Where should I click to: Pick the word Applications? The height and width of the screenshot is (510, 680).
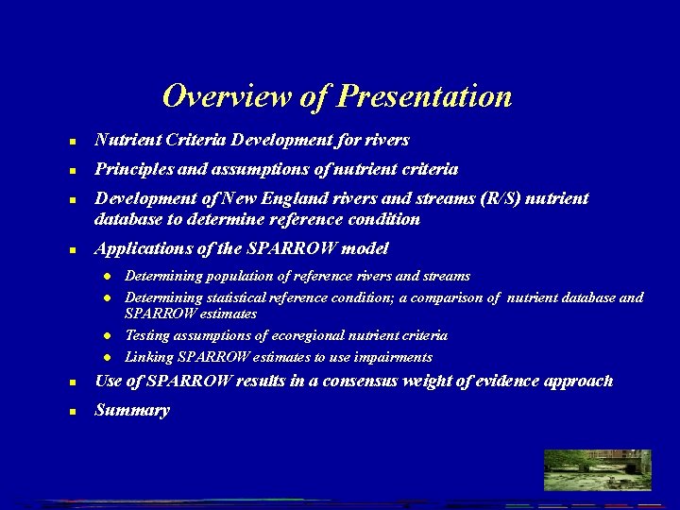click(x=142, y=248)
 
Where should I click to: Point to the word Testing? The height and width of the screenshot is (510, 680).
click(x=145, y=335)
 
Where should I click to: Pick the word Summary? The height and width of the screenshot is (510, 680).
click(x=132, y=411)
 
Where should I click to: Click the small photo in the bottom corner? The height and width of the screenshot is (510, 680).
click(x=598, y=469)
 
